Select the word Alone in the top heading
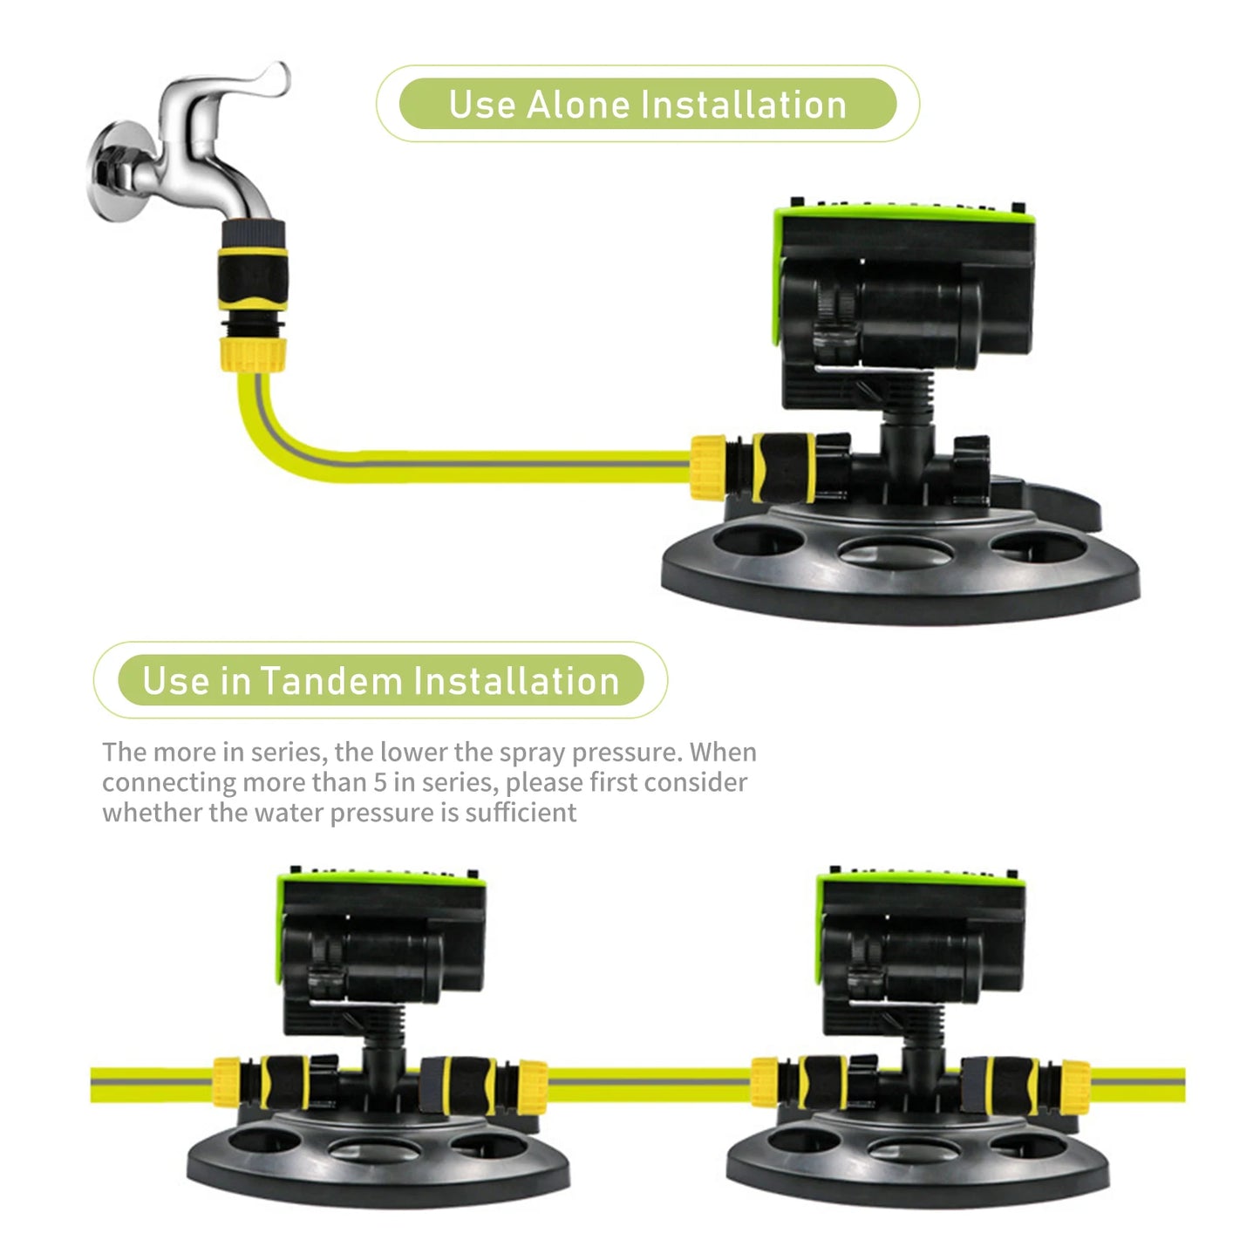point(577,105)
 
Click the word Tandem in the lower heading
point(329,681)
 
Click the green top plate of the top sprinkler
point(898,214)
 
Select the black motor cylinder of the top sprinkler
point(907,314)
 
